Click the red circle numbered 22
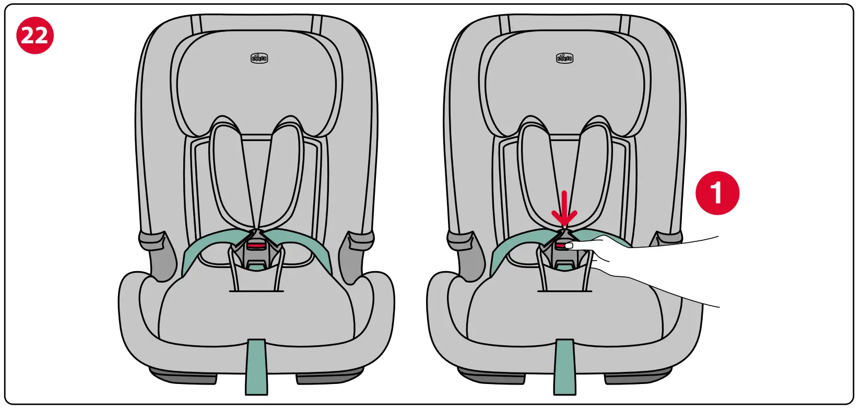pyautogui.click(x=35, y=36)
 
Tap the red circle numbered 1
pyautogui.click(x=717, y=193)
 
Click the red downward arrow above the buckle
pyautogui.click(x=564, y=209)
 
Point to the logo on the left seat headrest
pyautogui.click(x=259, y=58)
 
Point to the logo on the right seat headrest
pyautogui.click(x=564, y=58)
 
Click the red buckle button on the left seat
pyautogui.click(x=256, y=244)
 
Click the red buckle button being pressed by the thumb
pyautogui.click(x=561, y=244)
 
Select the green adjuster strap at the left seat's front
pyautogui.click(x=256, y=366)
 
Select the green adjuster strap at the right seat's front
pyautogui.click(x=565, y=366)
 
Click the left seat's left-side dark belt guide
pyautogui.click(x=157, y=251)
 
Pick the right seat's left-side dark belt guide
pyautogui.click(x=465, y=251)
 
